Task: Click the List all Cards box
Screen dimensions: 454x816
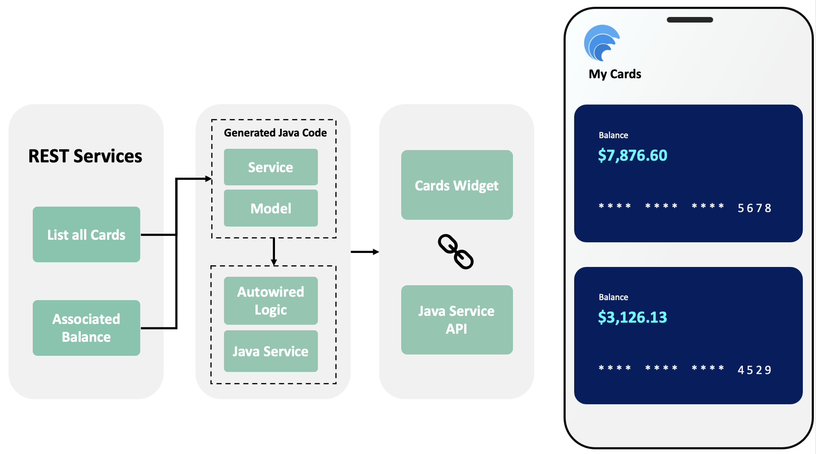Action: (86, 234)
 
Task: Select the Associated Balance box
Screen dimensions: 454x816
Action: (86, 328)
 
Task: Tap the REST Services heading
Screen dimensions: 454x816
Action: (85, 156)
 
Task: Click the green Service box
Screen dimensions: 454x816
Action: (271, 167)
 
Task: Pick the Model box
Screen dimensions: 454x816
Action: (271, 208)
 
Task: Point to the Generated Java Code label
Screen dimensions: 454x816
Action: (275, 133)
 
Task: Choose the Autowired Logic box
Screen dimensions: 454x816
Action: (271, 301)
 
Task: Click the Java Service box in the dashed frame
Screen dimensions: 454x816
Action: (271, 351)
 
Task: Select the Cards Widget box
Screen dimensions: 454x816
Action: (457, 185)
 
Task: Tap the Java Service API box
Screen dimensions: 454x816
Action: (457, 320)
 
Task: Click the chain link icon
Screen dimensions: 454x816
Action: (456, 252)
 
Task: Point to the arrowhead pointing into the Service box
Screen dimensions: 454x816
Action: (208, 179)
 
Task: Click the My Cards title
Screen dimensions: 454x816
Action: (615, 74)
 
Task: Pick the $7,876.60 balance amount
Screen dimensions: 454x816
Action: (632, 156)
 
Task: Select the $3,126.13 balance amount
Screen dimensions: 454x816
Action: (632, 318)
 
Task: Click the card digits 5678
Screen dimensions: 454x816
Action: (754, 208)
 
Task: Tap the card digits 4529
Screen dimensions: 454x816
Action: (754, 370)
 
